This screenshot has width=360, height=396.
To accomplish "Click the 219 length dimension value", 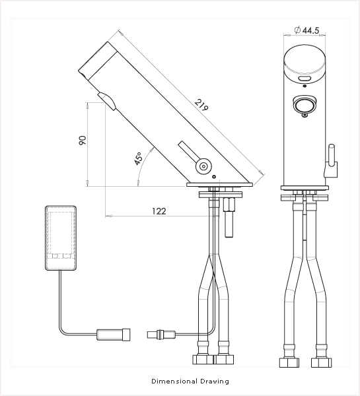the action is pos(201,105).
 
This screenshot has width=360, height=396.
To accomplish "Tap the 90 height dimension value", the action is pos(83,141).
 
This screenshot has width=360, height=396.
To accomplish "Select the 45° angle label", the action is pos(139,158).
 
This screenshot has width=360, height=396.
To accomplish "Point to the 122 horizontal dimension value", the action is pos(159,211).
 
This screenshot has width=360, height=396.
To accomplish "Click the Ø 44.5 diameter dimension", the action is pos(306,30).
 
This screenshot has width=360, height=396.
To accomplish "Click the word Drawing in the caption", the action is pos(215,381).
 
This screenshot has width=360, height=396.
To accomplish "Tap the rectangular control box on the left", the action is pos(61,238).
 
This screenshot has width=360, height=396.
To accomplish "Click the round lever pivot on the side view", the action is pos(203,166).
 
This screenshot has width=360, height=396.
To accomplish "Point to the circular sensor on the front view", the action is pos(305,104).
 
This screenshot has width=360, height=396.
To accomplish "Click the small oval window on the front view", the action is pos(304,79).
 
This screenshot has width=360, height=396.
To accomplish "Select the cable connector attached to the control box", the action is pos(113,335).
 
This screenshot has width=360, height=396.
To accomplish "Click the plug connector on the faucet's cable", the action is pos(161,335).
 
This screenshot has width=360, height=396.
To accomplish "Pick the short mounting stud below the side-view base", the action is pos(229,217).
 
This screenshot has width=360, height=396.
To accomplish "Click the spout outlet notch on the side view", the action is pos(107,100).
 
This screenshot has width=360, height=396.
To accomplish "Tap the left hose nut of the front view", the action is pos(289,362).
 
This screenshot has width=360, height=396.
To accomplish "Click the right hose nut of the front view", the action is pos(321,362).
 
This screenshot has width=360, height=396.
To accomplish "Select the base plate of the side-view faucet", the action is pos(220,185).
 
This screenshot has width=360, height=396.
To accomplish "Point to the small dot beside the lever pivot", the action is pos(214,176).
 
